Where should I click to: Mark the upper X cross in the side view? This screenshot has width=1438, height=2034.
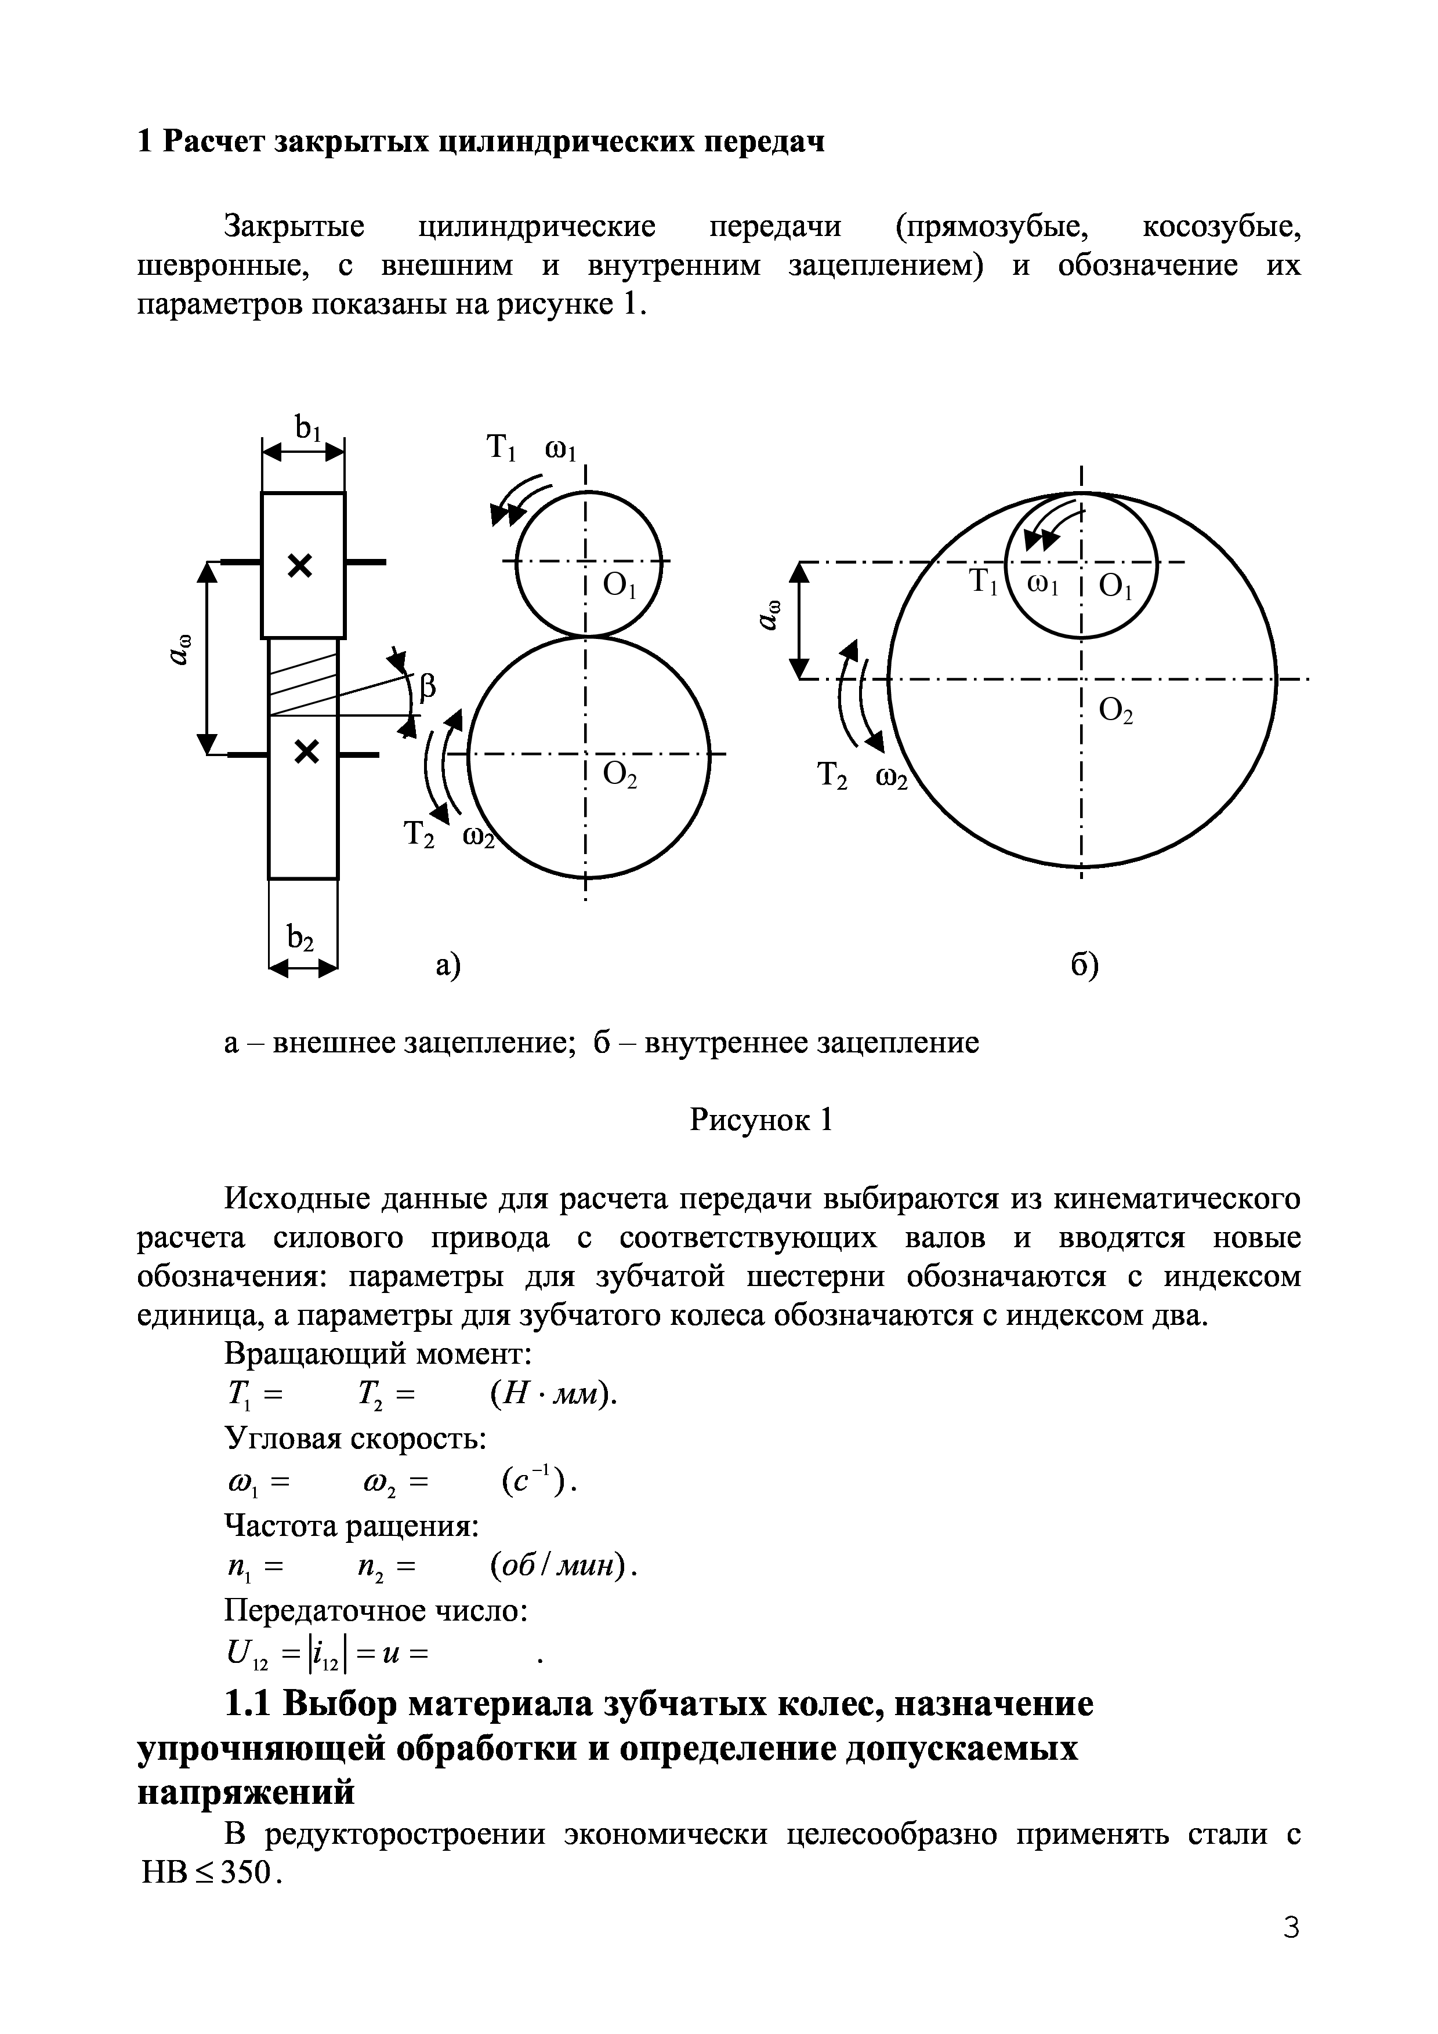point(300,565)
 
